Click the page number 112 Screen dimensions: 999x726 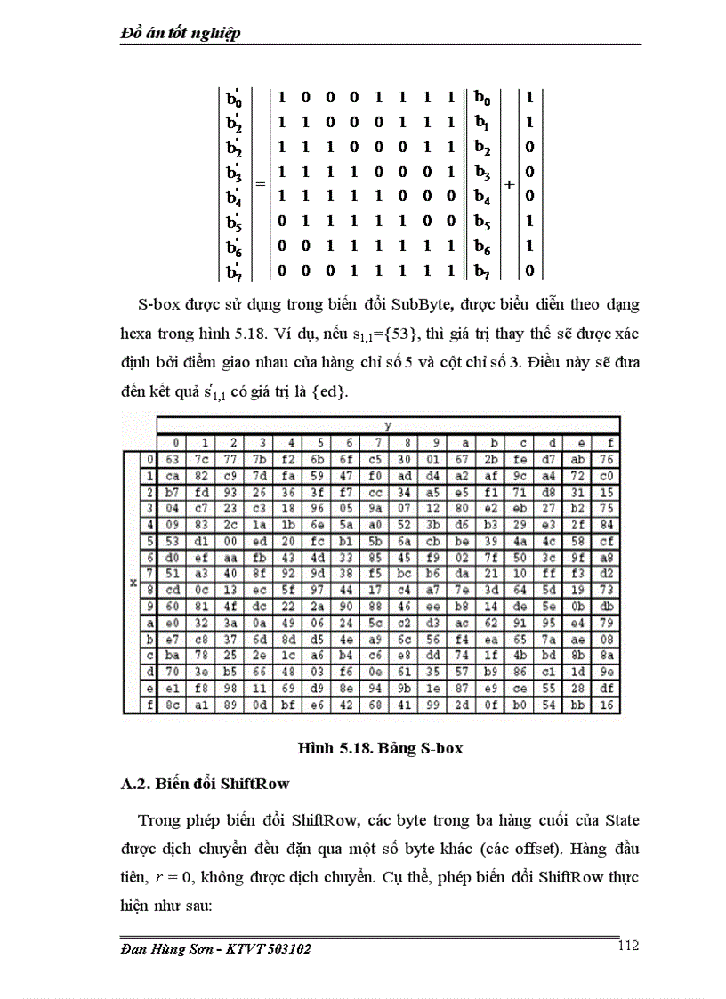(627, 946)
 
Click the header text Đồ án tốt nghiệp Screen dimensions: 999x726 (181, 33)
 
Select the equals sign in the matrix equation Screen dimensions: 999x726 (261, 184)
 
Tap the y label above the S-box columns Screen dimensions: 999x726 (388, 427)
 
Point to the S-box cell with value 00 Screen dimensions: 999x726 (230, 541)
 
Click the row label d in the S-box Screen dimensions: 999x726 (149, 672)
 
